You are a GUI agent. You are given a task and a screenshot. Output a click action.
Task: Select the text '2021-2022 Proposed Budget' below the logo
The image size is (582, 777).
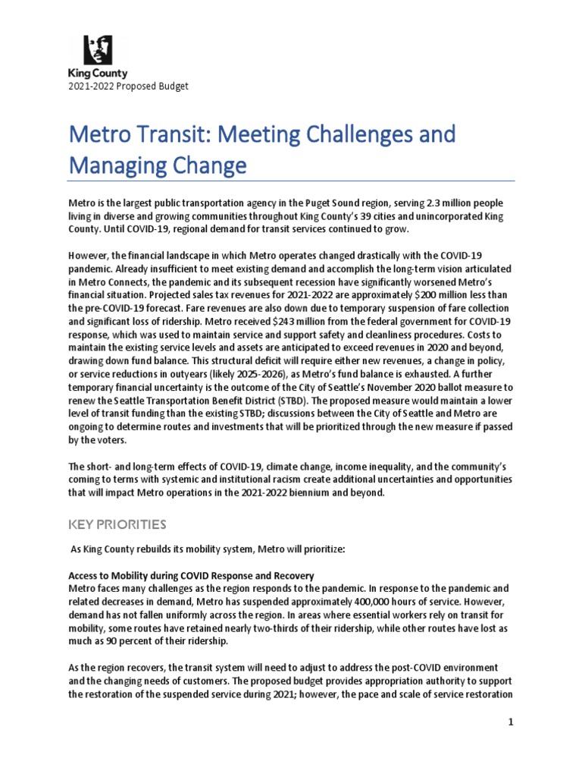point(128,86)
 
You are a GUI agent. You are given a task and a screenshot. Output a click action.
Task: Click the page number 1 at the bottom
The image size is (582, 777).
point(512,722)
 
